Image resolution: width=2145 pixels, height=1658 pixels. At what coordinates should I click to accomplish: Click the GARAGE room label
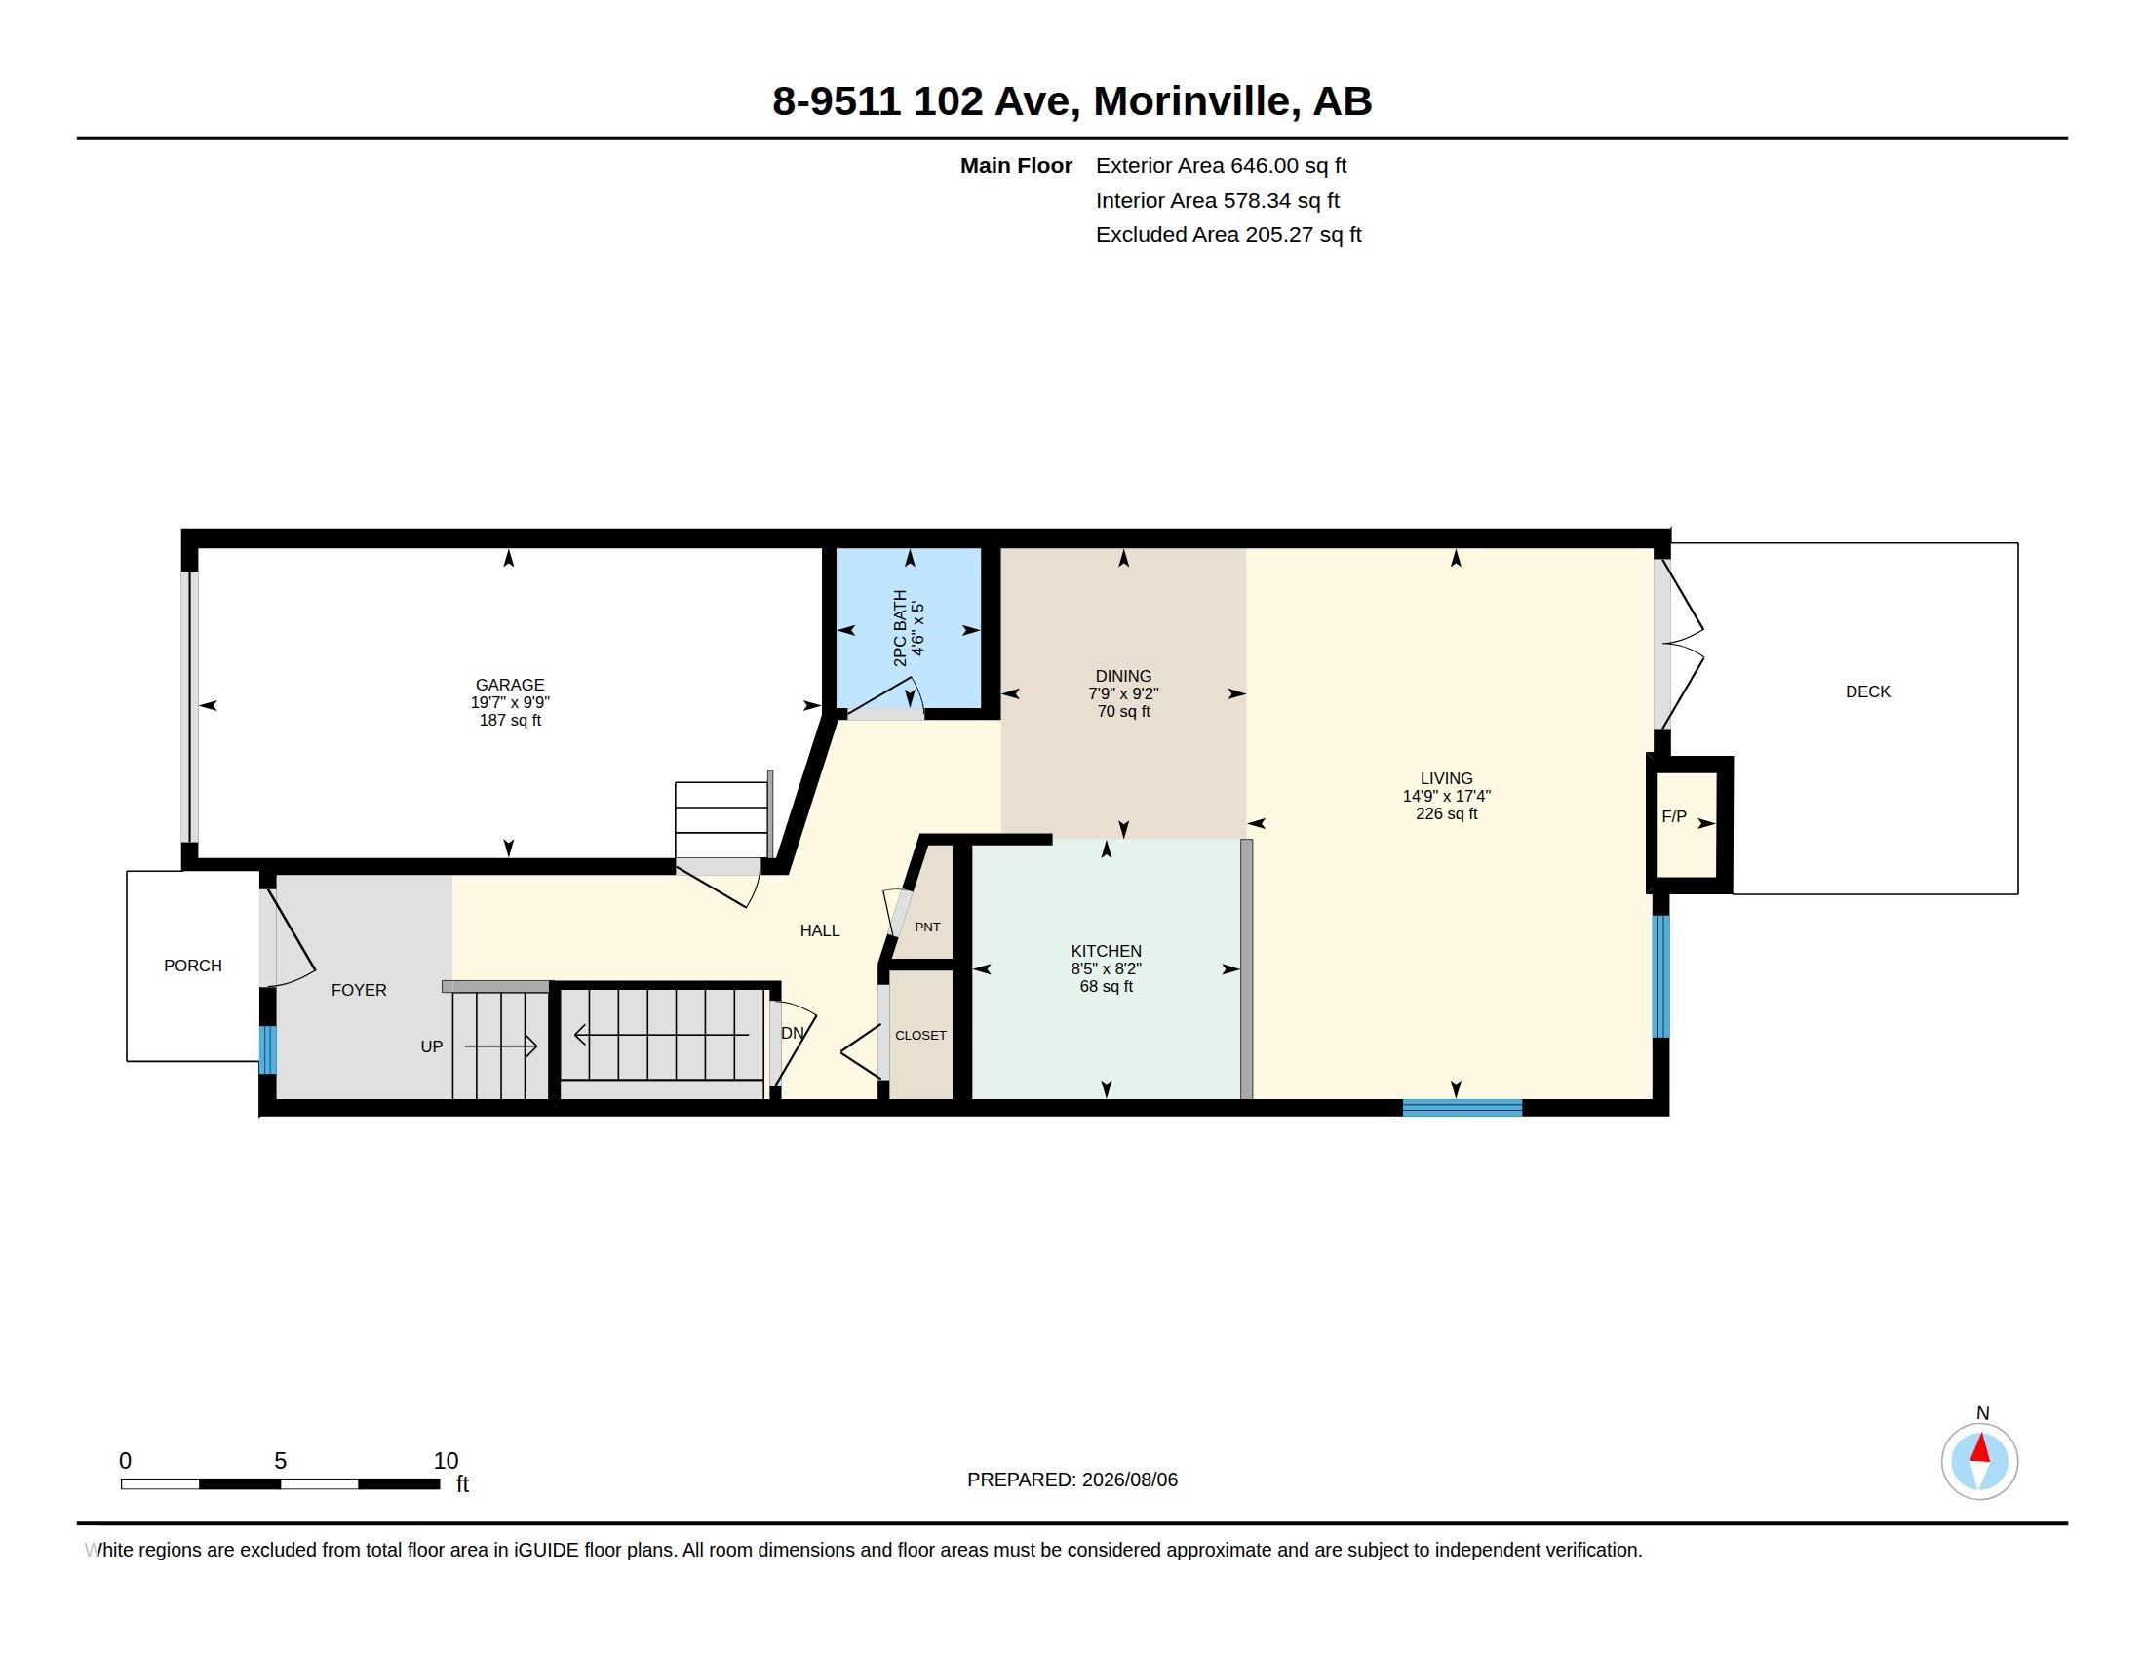point(509,685)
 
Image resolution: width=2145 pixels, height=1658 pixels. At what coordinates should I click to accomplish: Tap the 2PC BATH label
point(901,629)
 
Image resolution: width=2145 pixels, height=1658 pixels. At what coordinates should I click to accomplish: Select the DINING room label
point(1123,676)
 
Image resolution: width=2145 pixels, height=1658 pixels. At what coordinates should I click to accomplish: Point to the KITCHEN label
point(1106,951)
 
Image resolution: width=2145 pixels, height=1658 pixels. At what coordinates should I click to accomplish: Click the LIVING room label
point(1446,778)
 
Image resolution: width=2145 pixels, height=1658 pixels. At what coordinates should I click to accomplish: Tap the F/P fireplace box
point(1689,824)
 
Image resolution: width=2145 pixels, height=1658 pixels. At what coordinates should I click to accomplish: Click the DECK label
point(1867,691)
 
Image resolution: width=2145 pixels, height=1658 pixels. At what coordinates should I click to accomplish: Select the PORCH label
point(192,966)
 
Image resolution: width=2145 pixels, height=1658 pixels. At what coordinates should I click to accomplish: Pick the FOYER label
point(359,990)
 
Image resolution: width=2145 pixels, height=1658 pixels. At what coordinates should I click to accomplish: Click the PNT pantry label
point(927,927)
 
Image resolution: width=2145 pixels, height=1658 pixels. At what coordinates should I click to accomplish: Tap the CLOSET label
point(920,1035)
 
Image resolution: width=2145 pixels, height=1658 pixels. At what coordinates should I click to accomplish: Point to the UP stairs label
point(431,1047)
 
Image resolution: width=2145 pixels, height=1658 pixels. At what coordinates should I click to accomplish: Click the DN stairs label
point(792,1033)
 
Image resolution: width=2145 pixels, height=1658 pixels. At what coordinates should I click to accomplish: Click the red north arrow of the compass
point(1980,1448)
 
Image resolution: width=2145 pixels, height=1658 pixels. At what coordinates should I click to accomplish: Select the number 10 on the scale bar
point(446,1461)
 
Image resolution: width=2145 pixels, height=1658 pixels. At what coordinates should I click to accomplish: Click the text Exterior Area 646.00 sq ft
point(1221,166)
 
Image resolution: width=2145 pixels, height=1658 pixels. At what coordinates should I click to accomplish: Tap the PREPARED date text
point(1072,1480)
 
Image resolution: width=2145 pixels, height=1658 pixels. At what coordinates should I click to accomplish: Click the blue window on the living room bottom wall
point(1462,1108)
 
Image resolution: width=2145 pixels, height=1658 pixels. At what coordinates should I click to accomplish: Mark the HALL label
point(819,930)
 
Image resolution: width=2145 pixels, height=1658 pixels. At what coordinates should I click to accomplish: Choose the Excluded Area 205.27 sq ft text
point(1228,235)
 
